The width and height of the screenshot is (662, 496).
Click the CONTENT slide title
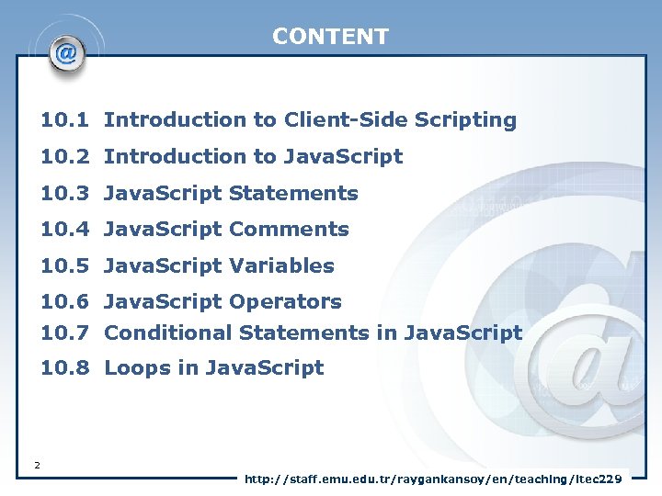click(x=330, y=37)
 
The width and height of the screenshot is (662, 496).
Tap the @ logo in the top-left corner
click(x=65, y=54)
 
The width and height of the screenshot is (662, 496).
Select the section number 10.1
click(x=64, y=120)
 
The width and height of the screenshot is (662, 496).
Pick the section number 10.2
click(x=64, y=157)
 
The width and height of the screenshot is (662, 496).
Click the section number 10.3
click(x=64, y=194)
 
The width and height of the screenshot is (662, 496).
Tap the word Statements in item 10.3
click(x=293, y=194)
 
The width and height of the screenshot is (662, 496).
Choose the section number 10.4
click(x=64, y=230)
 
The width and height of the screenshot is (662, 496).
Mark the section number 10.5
click(x=64, y=266)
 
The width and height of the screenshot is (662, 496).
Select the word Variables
click(x=281, y=266)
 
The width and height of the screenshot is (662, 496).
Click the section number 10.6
click(x=64, y=302)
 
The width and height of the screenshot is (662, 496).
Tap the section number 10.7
click(x=64, y=333)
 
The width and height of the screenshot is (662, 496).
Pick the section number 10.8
click(x=64, y=368)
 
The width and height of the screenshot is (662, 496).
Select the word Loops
click(x=132, y=368)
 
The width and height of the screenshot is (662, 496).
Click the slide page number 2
click(x=37, y=466)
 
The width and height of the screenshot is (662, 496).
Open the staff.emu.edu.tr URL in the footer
click(x=432, y=479)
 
